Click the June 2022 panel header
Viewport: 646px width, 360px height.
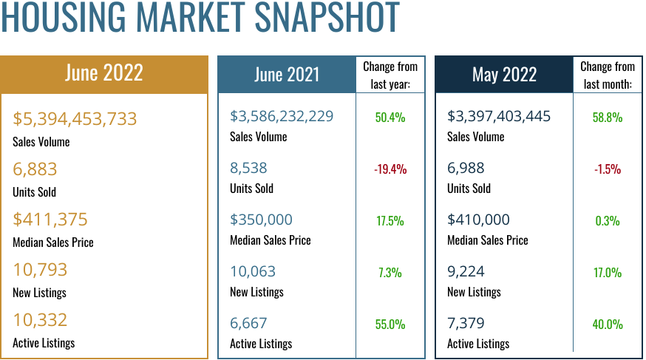104,73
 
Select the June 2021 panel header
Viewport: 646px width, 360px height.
287,75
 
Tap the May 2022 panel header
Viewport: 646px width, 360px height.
504,75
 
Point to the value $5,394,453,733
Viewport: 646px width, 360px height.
75,119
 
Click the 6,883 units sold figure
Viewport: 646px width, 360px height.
35,169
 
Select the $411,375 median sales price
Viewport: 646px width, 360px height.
50,220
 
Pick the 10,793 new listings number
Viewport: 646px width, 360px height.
40,270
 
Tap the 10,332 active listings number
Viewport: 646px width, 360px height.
40,320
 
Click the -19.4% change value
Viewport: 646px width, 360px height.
390,169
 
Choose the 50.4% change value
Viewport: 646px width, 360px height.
390,118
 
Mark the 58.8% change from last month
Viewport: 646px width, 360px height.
608,118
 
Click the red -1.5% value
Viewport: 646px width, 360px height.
608,169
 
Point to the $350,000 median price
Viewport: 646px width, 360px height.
261,220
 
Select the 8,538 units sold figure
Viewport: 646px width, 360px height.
248,168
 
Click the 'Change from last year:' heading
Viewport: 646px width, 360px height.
390,75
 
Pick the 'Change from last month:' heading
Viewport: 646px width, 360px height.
608,75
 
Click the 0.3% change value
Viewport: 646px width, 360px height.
608,221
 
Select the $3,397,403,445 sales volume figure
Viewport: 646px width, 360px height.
499,116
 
